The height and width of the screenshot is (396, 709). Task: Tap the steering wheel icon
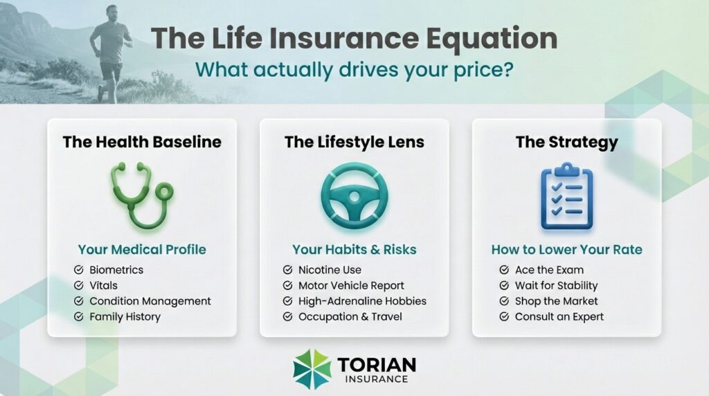[x=354, y=196]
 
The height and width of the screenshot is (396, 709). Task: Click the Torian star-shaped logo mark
[x=312, y=368]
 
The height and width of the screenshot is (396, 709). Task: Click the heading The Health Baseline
[x=142, y=142]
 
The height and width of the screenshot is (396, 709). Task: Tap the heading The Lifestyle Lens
[x=354, y=142]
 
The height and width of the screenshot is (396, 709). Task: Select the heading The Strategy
[x=566, y=142]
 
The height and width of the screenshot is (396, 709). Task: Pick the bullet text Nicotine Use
[x=330, y=269]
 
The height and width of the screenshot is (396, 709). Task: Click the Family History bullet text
[x=125, y=316]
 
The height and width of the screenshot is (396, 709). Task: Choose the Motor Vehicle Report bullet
[x=351, y=285]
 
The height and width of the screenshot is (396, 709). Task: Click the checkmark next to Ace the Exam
[x=503, y=269]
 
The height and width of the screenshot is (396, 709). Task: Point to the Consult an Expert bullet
[x=559, y=316]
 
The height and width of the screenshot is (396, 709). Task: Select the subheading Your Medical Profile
[x=141, y=249]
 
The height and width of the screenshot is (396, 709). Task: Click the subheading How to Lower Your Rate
[x=566, y=249]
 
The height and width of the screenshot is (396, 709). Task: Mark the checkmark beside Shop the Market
[x=503, y=301]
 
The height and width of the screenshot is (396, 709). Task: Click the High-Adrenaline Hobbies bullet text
[x=362, y=301]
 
